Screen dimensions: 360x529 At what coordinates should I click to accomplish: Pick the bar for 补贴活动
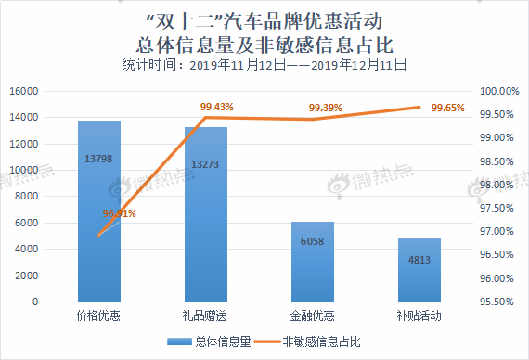tap(419, 271)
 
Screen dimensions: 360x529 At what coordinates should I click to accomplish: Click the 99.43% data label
tap(216, 107)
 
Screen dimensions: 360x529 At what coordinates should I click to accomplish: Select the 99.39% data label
tap(326, 109)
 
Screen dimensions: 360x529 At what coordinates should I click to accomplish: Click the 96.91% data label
tap(119, 214)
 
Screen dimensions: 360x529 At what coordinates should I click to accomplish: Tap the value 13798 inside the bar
tap(98, 160)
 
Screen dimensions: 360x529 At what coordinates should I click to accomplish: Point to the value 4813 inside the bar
tap(419, 259)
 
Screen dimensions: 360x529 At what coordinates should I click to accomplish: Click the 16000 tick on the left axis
tap(50, 91)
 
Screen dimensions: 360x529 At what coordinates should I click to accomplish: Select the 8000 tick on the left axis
tap(53, 197)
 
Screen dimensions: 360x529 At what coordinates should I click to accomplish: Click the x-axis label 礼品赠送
tap(205, 315)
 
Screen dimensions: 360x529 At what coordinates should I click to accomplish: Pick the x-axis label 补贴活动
tap(419, 315)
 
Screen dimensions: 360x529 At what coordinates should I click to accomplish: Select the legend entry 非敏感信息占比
tap(321, 341)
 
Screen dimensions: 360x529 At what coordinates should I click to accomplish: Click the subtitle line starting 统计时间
tap(264, 65)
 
